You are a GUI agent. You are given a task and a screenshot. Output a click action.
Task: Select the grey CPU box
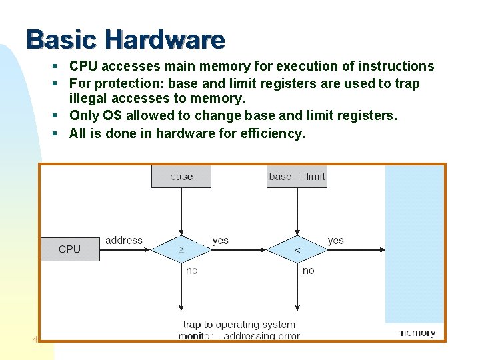pos(69,249)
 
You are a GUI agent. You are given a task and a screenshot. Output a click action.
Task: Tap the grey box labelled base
pos(181,177)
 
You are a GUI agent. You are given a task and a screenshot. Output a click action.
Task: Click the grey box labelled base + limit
pos(297,177)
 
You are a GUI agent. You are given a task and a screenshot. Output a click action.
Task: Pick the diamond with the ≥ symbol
pos(181,249)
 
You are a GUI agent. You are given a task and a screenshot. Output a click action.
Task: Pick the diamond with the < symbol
pos(297,249)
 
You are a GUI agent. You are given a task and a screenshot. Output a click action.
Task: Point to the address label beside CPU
pos(124,240)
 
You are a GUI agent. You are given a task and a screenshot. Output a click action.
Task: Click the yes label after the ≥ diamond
pos(220,240)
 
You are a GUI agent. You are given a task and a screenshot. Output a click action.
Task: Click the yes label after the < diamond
pos(336,240)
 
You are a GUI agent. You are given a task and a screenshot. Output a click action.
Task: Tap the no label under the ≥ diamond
pos(191,271)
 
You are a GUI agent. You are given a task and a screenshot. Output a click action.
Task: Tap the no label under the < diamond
pos(308,271)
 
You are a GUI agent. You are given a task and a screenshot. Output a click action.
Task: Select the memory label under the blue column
pos(417,333)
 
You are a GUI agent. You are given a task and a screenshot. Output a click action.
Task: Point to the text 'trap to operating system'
pos(239,325)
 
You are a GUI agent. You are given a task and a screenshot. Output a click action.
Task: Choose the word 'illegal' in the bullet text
pos(89,99)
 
